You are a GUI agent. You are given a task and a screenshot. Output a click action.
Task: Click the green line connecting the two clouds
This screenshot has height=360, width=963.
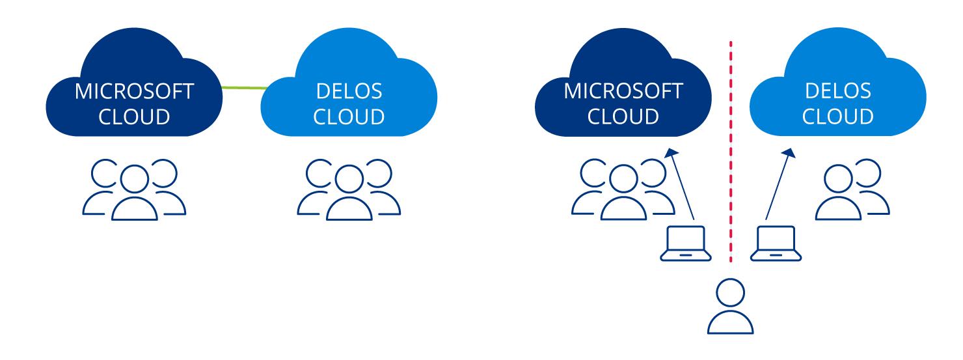coord(243,87)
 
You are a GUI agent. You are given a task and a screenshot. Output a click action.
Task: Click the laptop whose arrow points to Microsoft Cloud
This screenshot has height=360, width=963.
coord(686,243)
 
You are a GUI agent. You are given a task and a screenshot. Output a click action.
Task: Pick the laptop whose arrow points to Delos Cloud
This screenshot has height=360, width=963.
coord(772,243)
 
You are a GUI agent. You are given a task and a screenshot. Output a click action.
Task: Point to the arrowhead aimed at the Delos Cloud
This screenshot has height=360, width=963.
coord(790,153)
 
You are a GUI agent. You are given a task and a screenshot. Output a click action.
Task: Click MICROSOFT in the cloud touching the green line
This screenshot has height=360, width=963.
coord(134,91)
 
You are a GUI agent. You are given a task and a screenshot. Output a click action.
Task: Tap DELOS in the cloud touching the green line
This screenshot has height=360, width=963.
coord(348,91)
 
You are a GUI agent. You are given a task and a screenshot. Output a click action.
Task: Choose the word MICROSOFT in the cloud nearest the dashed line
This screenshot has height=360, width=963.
coord(623,91)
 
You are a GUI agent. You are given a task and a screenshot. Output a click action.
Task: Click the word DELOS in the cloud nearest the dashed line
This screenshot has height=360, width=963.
coord(837,91)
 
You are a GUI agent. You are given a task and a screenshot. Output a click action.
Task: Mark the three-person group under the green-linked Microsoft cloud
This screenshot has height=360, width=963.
coord(134,189)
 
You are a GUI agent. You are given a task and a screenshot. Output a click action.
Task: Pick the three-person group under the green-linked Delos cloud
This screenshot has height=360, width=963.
coord(349,189)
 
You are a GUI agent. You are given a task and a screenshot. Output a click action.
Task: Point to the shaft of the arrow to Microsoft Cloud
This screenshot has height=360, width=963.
coord(681,189)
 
